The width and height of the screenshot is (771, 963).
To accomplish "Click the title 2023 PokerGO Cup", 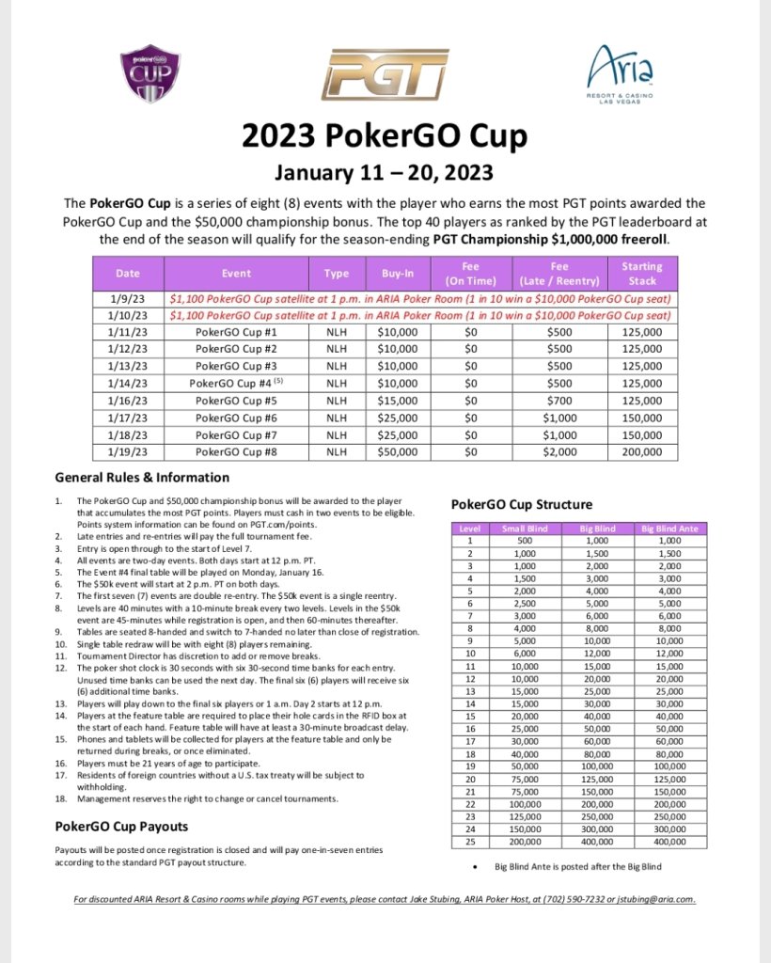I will coord(385,137).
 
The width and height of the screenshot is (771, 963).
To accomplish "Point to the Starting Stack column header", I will coord(641,274).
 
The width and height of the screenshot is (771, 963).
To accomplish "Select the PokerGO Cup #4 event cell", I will coord(236,384).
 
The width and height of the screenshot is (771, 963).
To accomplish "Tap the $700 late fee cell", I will coord(559,401).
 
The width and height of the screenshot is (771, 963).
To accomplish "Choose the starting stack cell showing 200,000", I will coord(641,451).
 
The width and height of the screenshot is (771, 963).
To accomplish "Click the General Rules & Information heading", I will coord(142,477).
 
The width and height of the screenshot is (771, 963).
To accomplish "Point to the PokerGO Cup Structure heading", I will coord(522,505).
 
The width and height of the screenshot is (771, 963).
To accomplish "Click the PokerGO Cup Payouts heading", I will coord(121,827).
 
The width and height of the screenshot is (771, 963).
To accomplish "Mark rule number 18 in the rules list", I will coord(60,798).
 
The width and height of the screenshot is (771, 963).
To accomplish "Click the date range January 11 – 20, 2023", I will coord(385,173).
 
